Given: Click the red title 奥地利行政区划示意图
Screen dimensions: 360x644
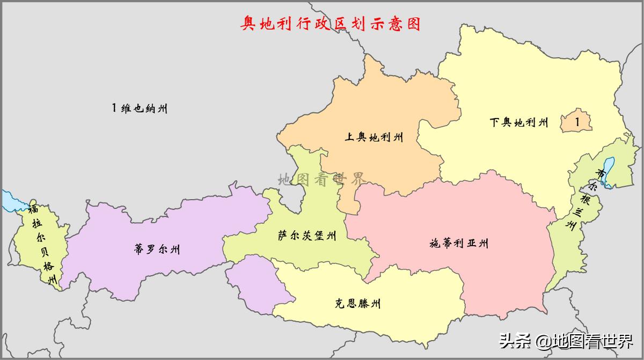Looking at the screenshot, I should [x=330, y=24].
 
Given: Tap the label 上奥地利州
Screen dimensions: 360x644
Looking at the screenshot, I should [x=374, y=137].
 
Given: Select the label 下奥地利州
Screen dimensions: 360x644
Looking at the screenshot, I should [x=519, y=122].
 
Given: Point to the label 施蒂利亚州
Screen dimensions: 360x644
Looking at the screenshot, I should [x=459, y=244].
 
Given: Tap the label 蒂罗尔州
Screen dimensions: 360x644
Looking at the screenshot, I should [x=157, y=249].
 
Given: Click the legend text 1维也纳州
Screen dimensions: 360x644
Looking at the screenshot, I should [x=140, y=108].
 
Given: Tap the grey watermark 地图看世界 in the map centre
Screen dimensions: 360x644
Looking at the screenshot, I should [x=321, y=179].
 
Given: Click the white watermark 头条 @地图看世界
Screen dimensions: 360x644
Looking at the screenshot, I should [x=566, y=340].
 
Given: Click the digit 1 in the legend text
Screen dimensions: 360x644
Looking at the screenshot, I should [x=114, y=108].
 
